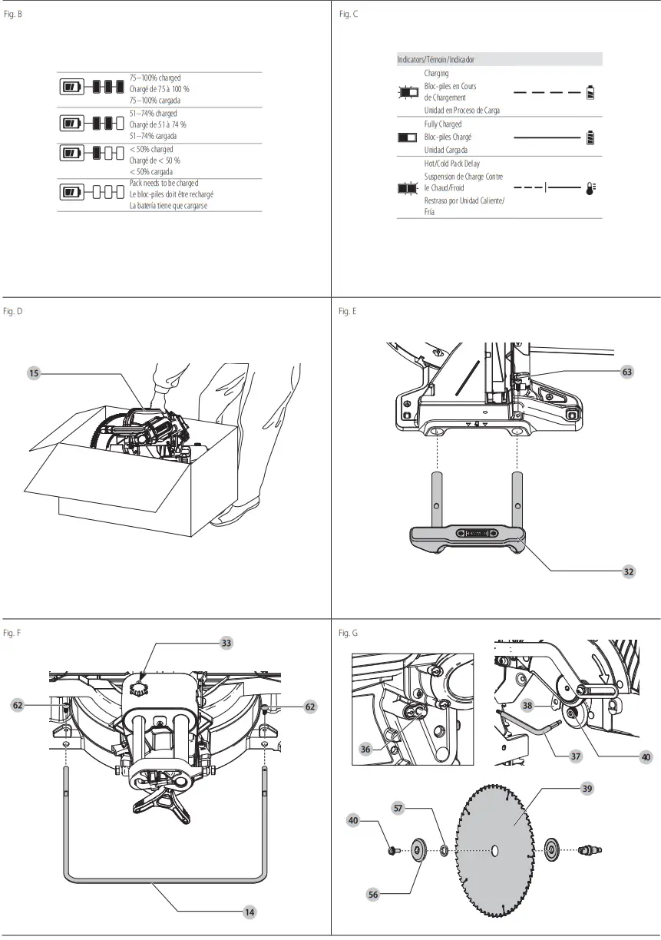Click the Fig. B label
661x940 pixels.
click(x=13, y=15)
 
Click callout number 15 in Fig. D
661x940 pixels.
click(x=34, y=373)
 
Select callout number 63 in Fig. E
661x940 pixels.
click(x=627, y=372)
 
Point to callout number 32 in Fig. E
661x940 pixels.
click(x=627, y=571)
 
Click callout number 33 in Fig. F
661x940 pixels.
click(x=226, y=642)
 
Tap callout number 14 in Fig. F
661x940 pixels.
click(x=249, y=912)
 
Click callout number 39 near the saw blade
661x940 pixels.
click(x=587, y=788)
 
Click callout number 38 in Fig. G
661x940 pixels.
click(x=527, y=704)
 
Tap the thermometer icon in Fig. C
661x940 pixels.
click(x=590, y=187)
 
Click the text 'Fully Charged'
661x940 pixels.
click(x=443, y=124)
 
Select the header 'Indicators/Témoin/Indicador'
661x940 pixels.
click(x=435, y=59)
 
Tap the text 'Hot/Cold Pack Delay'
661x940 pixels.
click(x=452, y=164)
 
